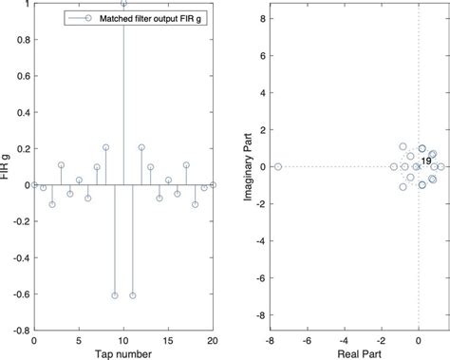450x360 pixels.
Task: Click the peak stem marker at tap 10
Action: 123,4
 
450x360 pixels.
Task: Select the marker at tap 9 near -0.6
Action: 115,295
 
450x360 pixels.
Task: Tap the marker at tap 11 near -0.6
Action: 132,295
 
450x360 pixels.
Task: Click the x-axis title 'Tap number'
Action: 123,352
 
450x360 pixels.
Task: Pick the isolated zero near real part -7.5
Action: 278,166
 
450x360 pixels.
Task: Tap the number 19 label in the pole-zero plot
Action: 426,161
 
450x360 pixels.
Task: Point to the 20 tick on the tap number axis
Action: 214,340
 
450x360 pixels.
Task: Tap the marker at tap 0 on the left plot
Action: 34,184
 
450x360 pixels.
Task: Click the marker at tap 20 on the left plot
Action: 214,184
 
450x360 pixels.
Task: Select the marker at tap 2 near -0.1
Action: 52,204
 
